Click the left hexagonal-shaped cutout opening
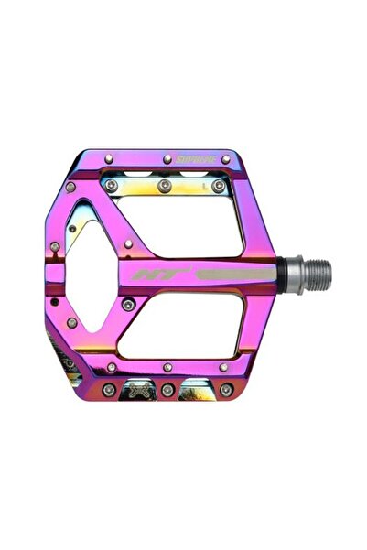[x=92, y=275]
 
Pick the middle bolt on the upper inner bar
[x=165, y=186]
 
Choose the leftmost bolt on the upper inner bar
[x=111, y=186]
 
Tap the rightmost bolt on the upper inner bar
[x=219, y=186]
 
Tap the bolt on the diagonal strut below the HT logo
[x=128, y=303]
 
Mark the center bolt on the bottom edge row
[x=167, y=390]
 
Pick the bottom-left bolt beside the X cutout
[x=109, y=390]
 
